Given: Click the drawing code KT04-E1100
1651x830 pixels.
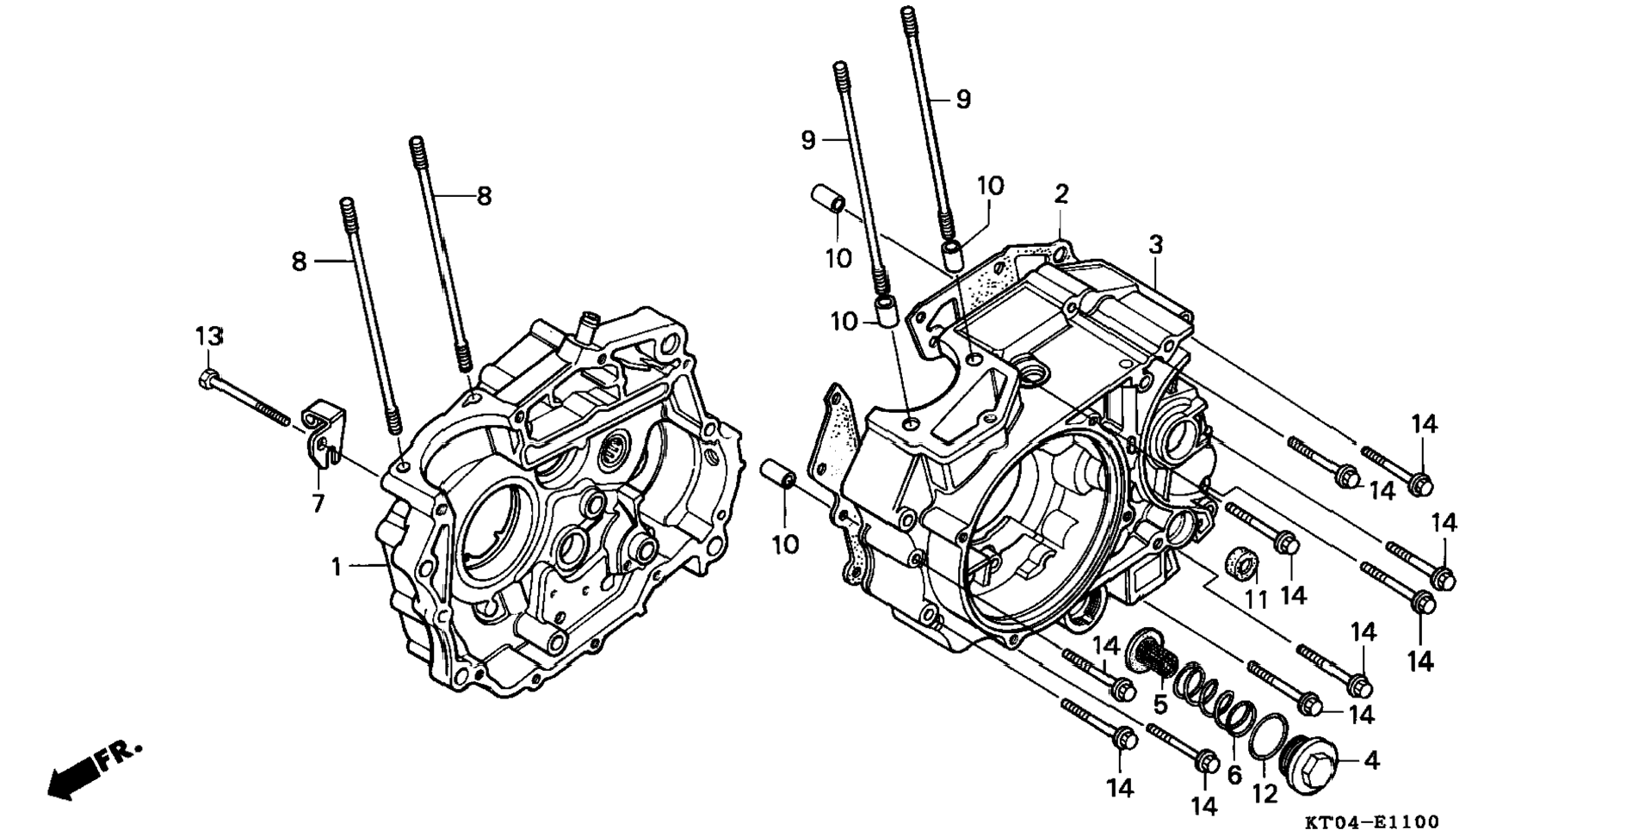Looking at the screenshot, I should click(x=1371, y=821).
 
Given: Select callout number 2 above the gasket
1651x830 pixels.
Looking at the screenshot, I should click(x=1061, y=194).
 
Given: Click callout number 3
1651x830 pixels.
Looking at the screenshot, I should click(x=1155, y=244).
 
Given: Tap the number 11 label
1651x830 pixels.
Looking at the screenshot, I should click(x=1257, y=599).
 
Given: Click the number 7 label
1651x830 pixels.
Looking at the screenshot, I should click(x=318, y=503).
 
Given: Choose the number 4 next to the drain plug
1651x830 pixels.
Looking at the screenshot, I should click(x=1372, y=760).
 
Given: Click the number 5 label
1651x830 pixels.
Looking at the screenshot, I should click(x=1160, y=705).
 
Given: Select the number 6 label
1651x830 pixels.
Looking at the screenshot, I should click(x=1234, y=775).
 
